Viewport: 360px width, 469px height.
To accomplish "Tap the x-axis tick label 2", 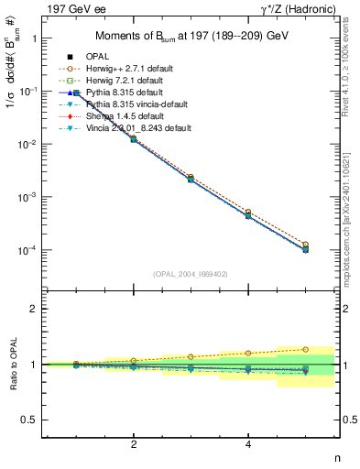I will click(x=134, y=444).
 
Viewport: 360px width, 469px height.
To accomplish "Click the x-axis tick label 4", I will click(x=248, y=444).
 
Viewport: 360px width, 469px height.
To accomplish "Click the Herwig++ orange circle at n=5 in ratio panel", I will click(x=306, y=349).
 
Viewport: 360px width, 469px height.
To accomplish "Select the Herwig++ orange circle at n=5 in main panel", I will click(x=306, y=245).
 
